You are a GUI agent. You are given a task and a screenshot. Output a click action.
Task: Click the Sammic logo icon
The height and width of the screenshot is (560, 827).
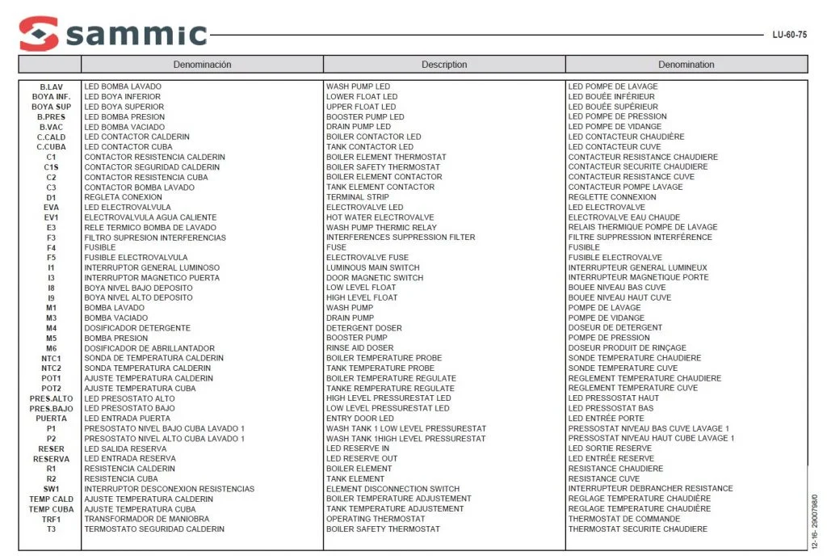pos(39,34)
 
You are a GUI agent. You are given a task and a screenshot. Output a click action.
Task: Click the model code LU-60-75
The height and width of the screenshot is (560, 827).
pos(789,35)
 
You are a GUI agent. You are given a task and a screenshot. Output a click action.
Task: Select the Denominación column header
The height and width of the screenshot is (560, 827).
pos(202,65)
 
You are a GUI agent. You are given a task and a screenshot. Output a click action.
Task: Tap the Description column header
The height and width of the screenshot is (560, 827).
pos(444,65)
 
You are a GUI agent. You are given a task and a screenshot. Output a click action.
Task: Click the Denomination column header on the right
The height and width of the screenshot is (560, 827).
pos(686,65)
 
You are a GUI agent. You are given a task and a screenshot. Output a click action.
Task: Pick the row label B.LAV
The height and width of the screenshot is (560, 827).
pos(51,86)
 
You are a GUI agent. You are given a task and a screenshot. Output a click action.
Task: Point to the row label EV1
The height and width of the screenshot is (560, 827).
pos(51,217)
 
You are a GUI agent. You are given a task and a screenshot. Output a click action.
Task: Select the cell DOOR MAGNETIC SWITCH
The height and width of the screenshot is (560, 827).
pos(374,277)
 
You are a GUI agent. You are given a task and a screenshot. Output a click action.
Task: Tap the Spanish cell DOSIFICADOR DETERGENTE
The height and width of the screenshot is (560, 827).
pos(137,328)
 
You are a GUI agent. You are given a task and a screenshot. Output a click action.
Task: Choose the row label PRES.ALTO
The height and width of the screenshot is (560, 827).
pos(51,398)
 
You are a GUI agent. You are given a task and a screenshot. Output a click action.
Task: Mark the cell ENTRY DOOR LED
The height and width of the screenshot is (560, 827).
pos(359,419)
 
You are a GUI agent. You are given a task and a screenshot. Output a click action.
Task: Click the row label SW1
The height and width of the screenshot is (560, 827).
pos(51,489)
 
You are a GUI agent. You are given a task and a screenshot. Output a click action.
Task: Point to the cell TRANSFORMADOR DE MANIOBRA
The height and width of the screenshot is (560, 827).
pos(146,519)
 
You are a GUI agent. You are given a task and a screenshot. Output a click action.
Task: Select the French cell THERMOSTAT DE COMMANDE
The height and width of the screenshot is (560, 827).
pos(623,519)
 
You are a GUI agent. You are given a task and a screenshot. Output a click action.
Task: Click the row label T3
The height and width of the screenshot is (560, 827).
pos(51,529)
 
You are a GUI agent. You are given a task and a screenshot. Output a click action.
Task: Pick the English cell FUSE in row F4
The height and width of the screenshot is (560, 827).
pos(336,247)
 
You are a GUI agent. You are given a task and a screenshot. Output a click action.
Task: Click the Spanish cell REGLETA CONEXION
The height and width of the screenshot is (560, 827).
pos(123,197)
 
